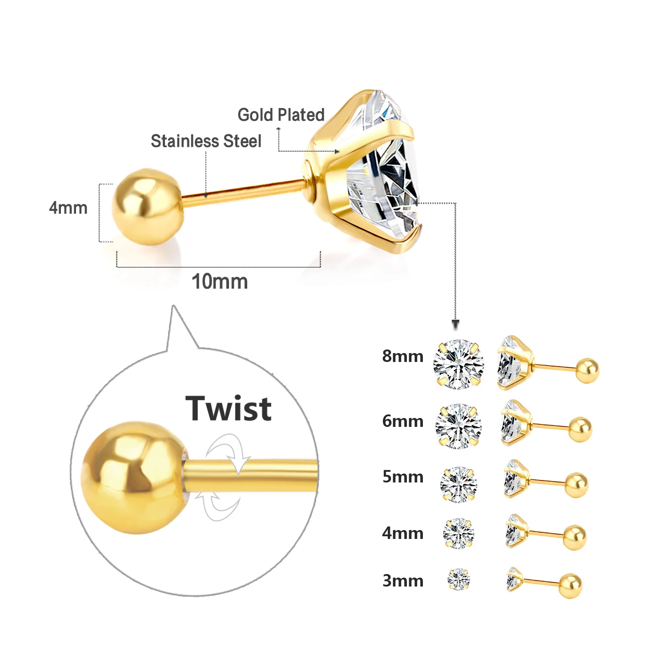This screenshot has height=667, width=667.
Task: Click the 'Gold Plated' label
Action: pos(281,115)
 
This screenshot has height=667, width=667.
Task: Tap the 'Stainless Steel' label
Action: pos(206,141)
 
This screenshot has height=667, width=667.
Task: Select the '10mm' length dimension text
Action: pos(219,281)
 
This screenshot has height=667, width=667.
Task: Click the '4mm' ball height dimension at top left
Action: pos(68,208)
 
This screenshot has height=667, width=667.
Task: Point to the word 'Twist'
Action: pos(228,408)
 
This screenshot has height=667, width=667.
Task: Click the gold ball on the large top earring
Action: pos(147,207)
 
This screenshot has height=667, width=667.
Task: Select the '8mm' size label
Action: pos(402,356)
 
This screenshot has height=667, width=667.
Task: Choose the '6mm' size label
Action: pos(402,421)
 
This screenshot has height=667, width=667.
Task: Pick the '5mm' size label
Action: pos(402,477)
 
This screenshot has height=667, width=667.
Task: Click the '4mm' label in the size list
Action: pos(402,533)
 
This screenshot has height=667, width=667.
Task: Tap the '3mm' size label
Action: pos(402,581)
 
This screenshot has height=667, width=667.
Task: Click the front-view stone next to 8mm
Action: pos(458,364)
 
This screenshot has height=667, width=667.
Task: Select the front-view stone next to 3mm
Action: pos(458,579)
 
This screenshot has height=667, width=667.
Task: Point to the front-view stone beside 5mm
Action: pos(458,484)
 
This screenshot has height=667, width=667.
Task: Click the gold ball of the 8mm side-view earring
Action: pos(587,370)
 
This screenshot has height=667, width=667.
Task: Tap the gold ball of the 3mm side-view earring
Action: pos(571,586)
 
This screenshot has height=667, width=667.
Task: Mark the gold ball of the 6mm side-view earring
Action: pos(580,429)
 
